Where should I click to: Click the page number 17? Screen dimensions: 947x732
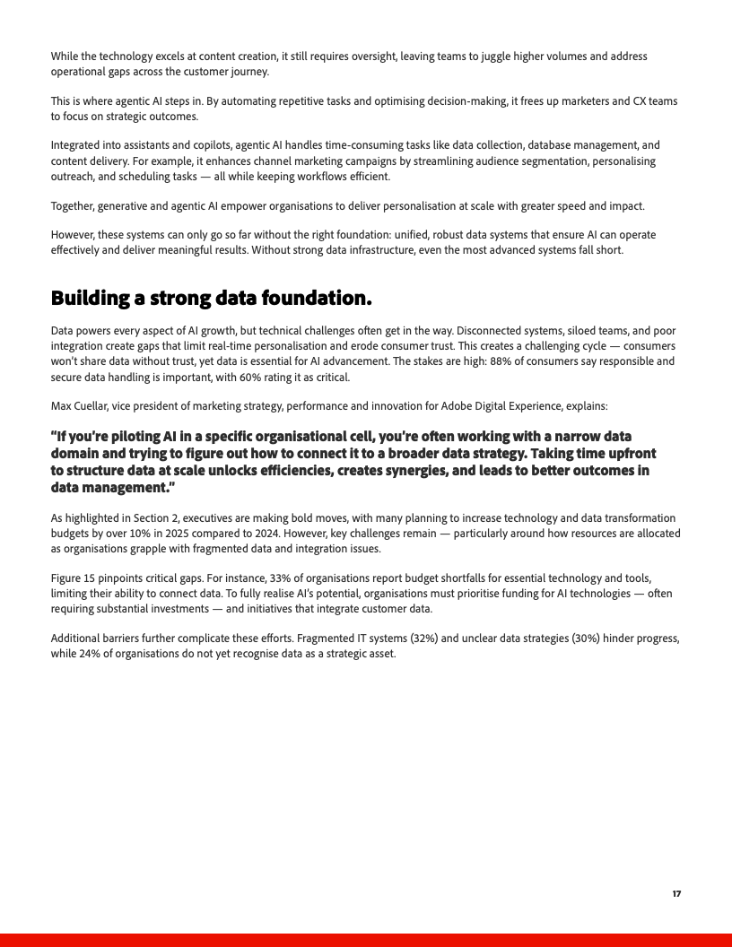pyautogui.click(x=676, y=894)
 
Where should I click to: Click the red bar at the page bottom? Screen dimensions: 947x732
pyautogui.click(x=366, y=940)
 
